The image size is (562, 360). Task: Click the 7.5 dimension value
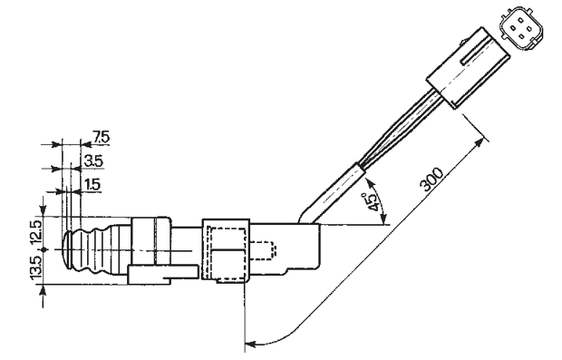coord(101,137)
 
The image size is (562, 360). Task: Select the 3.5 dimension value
coord(93,161)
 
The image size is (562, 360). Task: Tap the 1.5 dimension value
coord(92,185)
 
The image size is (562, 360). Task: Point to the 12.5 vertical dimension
coord(36,231)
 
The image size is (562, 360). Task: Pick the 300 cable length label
coord(431,180)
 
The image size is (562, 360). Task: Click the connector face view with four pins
coord(521,31)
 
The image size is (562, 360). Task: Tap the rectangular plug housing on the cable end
coord(468,67)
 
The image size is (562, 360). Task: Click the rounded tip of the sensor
coord(67,249)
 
